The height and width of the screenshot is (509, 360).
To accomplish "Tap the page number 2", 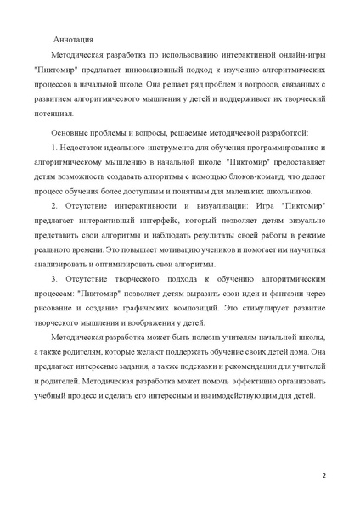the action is (x=323, y=475).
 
